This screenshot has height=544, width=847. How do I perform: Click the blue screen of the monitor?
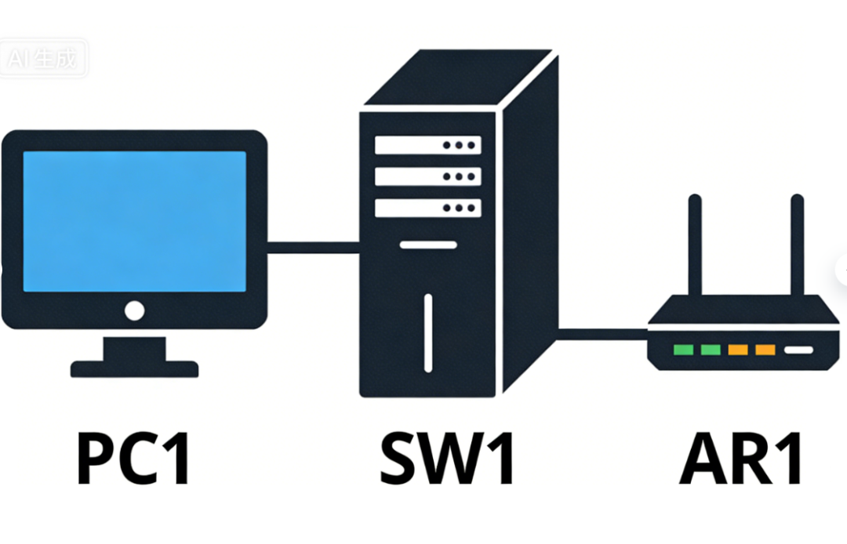[134, 222]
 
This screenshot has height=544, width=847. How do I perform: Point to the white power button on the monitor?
[134, 311]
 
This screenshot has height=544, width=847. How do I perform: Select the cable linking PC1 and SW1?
[313, 248]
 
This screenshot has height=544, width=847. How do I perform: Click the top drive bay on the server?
[427, 145]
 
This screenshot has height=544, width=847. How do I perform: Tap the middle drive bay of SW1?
[427, 176]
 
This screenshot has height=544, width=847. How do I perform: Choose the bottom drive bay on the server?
[427, 208]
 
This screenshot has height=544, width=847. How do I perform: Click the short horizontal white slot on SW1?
[427, 245]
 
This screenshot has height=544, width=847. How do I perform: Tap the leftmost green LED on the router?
[684, 350]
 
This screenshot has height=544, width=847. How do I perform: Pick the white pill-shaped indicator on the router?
[800, 350]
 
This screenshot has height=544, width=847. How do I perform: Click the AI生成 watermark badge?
[44, 60]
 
